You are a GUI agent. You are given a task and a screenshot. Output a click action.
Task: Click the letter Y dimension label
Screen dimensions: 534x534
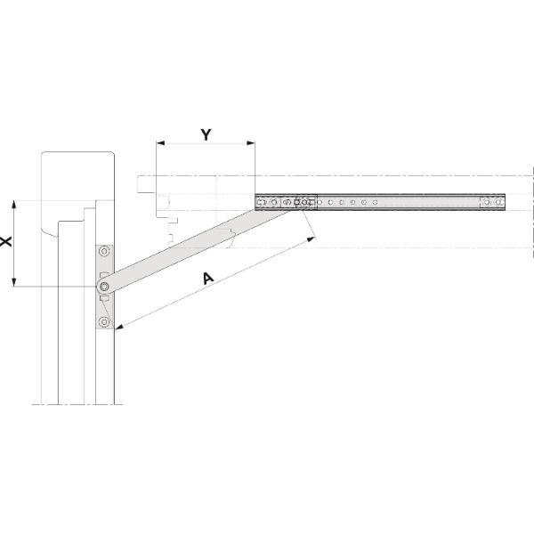[x=206, y=135]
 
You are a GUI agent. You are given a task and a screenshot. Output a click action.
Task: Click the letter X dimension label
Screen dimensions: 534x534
[x=6, y=242]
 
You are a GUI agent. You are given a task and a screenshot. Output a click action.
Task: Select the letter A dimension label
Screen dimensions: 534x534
[x=208, y=278]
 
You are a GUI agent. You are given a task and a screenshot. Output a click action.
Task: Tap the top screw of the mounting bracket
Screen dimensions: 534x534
[x=104, y=252]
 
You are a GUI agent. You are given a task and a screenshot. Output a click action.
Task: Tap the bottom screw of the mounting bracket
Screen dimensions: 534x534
[x=104, y=321]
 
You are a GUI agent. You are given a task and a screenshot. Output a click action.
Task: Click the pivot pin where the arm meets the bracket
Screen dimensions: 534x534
[x=104, y=287]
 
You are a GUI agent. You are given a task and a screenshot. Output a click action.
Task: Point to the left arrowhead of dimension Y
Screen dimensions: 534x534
[x=160, y=143]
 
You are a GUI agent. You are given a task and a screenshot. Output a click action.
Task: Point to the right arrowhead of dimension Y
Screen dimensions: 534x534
[x=251, y=143]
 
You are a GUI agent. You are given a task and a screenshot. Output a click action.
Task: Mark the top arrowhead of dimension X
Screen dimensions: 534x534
[x=14, y=205]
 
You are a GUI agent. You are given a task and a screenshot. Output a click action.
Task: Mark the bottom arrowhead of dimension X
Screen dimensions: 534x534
[x=14, y=282]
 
